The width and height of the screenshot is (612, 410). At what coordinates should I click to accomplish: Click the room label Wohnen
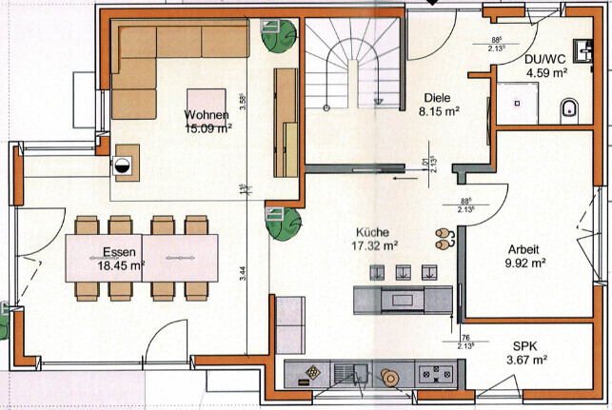(207, 116)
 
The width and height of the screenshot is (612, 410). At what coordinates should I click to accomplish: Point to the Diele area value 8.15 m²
(440, 110)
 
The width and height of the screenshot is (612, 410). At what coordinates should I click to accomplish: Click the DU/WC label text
(546, 58)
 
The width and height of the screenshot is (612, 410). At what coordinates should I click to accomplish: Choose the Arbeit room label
(524, 248)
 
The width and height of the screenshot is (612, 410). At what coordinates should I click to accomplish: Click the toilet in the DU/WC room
(570, 107)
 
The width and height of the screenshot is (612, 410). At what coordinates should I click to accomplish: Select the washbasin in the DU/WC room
(582, 47)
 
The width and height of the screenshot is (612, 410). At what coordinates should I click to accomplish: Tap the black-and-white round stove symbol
(123, 164)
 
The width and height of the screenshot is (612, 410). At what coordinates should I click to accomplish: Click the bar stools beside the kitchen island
(443, 238)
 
